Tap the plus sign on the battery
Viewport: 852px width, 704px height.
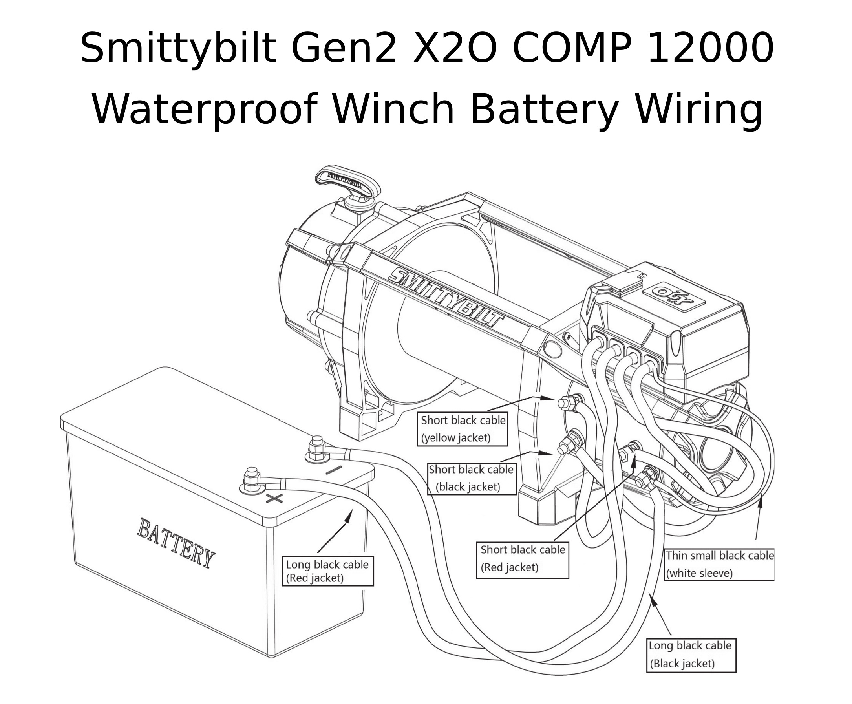click(x=274, y=498)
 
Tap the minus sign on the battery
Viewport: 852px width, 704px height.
click(x=333, y=470)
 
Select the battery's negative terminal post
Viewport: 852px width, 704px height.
click(x=317, y=449)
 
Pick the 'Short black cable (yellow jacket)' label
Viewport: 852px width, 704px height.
click(x=462, y=429)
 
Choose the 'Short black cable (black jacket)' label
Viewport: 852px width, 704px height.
click(x=472, y=479)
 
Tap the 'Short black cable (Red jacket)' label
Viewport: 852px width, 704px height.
click(x=522, y=560)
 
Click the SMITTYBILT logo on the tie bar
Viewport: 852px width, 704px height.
click(x=445, y=298)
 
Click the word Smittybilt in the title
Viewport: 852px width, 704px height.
click(x=178, y=48)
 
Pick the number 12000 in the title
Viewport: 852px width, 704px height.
click(x=711, y=48)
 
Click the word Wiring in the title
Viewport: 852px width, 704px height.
click(x=698, y=110)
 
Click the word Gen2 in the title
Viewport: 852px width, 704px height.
click(x=344, y=48)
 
